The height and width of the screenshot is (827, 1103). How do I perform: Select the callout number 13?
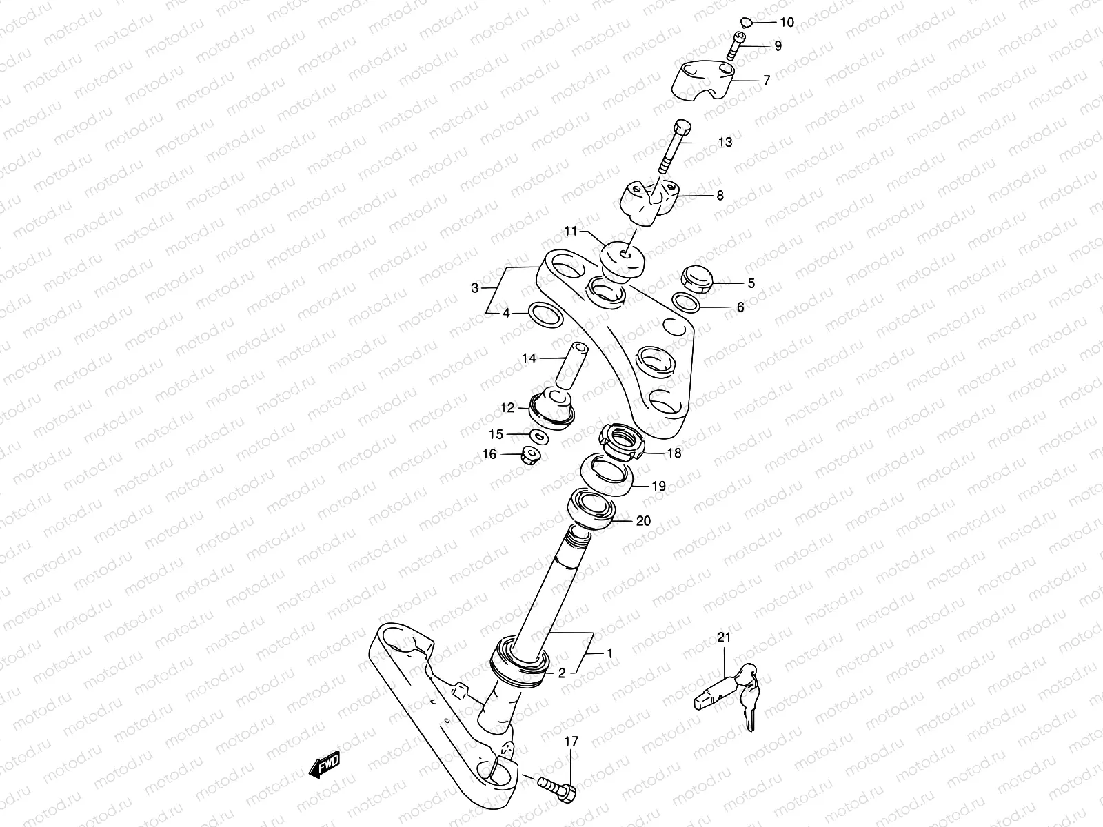pyautogui.click(x=725, y=143)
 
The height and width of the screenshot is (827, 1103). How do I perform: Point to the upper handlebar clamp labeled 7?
pyautogui.click(x=704, y=81)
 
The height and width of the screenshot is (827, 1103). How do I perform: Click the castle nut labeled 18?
pyautogui.click(x=621, y=442)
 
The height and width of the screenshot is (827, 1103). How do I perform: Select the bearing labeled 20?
pyautogui.click(x=592, y=510)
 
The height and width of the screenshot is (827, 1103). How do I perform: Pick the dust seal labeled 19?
pyautogui.click(x=607, y=474)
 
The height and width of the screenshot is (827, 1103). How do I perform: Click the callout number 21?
pyautogui.click(x=723, y=638)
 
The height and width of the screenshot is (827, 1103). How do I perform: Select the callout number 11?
pyautogui.click(x=570, y=232)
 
